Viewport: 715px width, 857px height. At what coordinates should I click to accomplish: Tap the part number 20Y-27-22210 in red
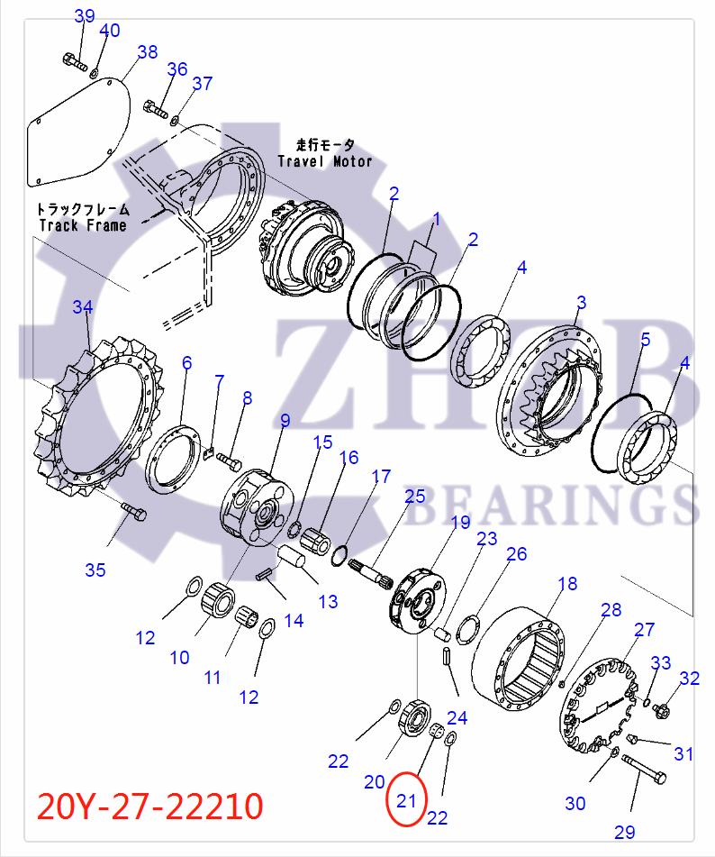tap(149, 805)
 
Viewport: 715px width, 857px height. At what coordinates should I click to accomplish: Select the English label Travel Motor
tap(324, 161)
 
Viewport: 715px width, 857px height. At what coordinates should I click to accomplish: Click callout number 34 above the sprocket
tap(83, 307)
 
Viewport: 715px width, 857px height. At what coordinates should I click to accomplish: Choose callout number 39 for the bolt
tap(84, 16)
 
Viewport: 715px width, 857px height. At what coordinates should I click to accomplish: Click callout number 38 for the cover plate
tap(147, 52)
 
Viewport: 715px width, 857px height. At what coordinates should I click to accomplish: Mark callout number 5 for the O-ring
tap(645, 340)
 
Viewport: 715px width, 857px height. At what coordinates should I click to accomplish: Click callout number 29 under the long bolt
tap(625, 831)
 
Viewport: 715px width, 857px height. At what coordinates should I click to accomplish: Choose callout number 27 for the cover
tap(645, 629)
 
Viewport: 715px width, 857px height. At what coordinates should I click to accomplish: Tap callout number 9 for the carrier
tap(285, 420)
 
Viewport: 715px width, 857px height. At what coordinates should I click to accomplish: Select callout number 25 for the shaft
tap(414, 496)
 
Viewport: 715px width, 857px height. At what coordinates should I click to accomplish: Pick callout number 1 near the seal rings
tap(436, 219)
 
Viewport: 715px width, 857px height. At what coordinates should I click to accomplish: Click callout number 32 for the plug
tap(689, 679)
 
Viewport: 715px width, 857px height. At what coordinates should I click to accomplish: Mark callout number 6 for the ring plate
tap(186, 363)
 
